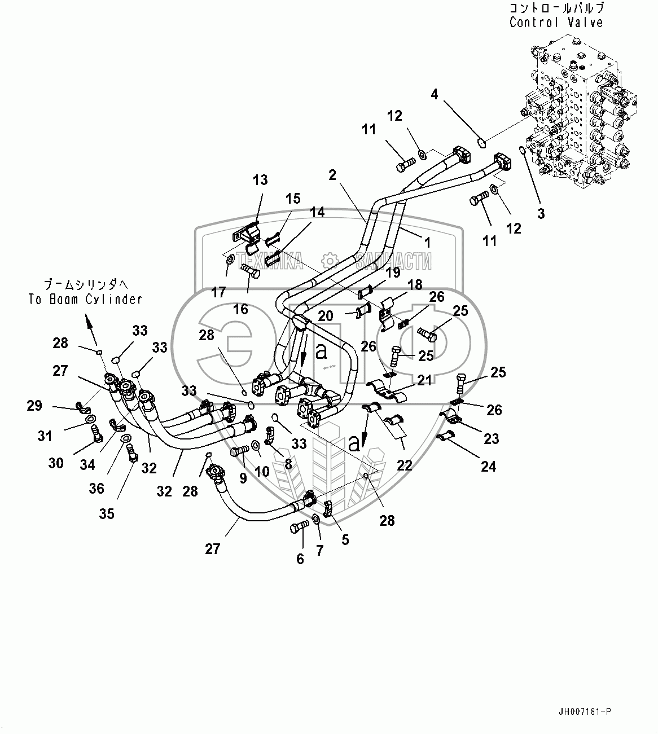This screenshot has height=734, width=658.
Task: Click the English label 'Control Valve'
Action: (556, 23)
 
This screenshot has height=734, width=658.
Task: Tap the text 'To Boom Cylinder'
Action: (85, 299)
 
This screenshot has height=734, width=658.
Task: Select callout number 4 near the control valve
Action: (434, 94)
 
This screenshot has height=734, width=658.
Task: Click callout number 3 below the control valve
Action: (541, 214)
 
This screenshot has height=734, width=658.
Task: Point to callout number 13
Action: (260, 180)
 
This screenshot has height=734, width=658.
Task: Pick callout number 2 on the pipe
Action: (332, 175)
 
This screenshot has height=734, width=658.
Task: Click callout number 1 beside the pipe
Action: (427, 243)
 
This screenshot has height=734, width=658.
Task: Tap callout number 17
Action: (218, 292)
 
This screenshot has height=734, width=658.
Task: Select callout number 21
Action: (424, 380)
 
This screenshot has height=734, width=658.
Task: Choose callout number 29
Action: (34, 405)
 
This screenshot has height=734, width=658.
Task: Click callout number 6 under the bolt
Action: (300, 559)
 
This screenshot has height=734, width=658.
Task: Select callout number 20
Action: (325, 316)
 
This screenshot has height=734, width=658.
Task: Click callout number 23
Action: (491, 438)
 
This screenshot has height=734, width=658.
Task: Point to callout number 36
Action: (96, 488)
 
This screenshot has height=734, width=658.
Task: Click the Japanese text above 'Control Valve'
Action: (556, 8)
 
